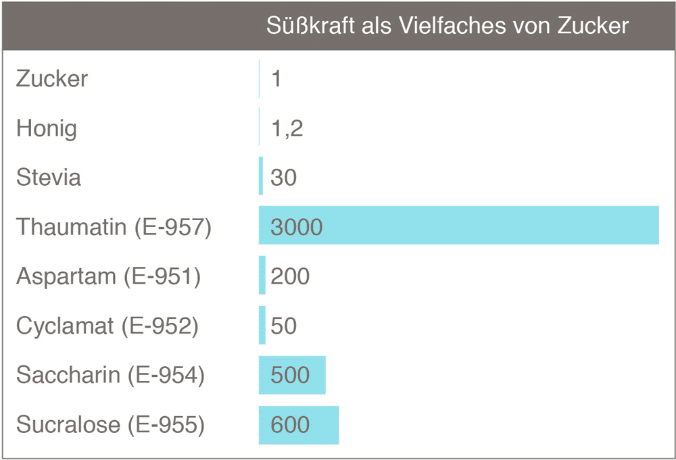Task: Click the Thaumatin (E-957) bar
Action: point(458,225)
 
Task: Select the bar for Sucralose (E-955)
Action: point(299,425)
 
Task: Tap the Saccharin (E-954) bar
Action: point(292,375)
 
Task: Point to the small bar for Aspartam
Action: point(262,276)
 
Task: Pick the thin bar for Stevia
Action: point(261,176)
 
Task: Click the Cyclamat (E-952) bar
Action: point(262,325)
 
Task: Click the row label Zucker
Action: point(52,78)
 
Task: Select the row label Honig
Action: point(47,128)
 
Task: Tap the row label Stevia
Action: point(49,178)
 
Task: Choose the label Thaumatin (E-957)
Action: point(114,227)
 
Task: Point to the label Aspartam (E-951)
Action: point(108,276)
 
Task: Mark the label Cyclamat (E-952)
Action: point(107,326)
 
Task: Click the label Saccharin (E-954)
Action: point(110,375)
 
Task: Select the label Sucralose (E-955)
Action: point(110,425)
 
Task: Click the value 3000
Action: point(297,227)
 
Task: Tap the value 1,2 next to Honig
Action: point(287,128)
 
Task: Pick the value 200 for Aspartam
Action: point(290,276)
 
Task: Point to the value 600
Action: point(290,425)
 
